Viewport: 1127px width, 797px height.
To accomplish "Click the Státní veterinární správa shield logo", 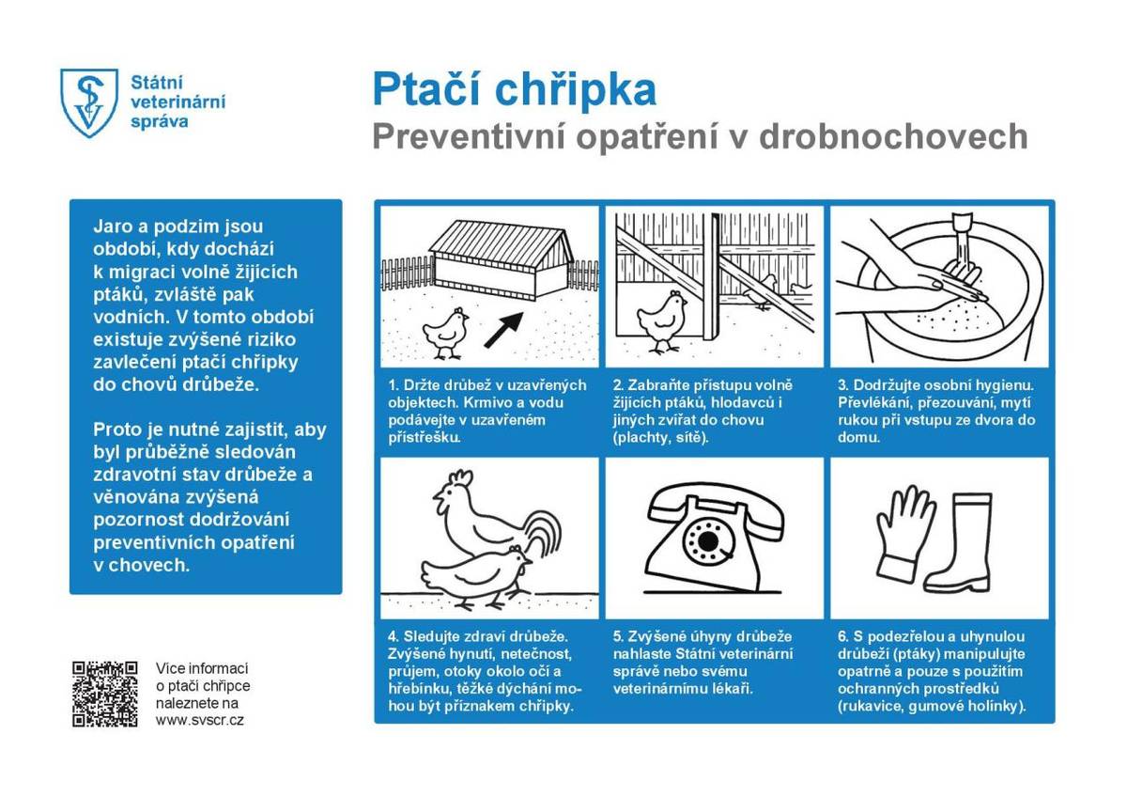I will [89, 102].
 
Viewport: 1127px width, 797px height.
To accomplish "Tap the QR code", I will [105, 694].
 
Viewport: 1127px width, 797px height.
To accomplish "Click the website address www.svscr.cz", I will [200, 720].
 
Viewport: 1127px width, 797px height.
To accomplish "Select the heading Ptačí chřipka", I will [514, 90].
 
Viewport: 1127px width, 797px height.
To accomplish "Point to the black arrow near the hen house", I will [503, 329].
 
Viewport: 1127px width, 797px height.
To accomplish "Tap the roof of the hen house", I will [502, 237].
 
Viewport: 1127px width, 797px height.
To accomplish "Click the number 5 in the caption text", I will [617, 636].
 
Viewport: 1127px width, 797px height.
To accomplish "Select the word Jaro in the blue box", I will [112, 227].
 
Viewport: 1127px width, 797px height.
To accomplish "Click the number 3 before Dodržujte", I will [842, 385].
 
